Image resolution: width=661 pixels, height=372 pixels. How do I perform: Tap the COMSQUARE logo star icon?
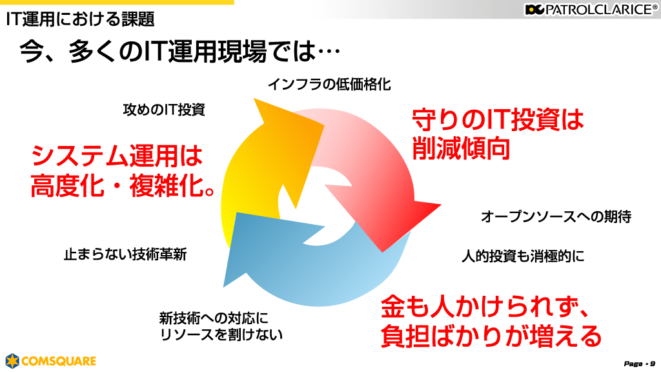pyautogui.click(x=12, y=361)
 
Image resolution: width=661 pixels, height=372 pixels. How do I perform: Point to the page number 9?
pyautogui.click(x=653, y=364)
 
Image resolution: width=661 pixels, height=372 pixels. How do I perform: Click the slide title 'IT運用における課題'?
pyautogui.click(x=80, y=19)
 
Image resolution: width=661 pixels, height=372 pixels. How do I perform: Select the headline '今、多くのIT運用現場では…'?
pyautogui.click(x=180, y=52)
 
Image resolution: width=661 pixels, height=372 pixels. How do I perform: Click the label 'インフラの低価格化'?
pyautogui.click(x=329, y=85)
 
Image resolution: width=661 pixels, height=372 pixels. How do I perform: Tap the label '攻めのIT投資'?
pyautogui.click(x=164, y=110)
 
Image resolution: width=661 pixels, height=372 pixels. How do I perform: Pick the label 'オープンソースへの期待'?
pyautogui.click(x=556, y=216)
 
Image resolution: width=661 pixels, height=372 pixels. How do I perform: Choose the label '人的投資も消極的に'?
pyautogui.click(x=523, y=256)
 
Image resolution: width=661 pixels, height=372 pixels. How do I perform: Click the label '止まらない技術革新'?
pyautogui.click(x=125, y=254)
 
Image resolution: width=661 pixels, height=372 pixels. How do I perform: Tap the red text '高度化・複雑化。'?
pyautogui.click(x=123, y=185)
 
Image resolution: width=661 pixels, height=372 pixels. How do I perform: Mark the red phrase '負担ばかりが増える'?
pyautogui.click(x=491, y=336)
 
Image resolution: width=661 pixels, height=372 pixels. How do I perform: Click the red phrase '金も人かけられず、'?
pyautogui.click(x=485, y=307)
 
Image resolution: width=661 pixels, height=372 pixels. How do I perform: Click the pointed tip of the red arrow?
pyautogui.click(x=382, y=252)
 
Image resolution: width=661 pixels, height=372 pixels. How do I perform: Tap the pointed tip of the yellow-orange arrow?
pyautogui.click(x=254, y=99)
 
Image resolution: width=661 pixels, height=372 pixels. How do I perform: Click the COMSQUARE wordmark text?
pyautogui.click(x=59, y=362)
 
